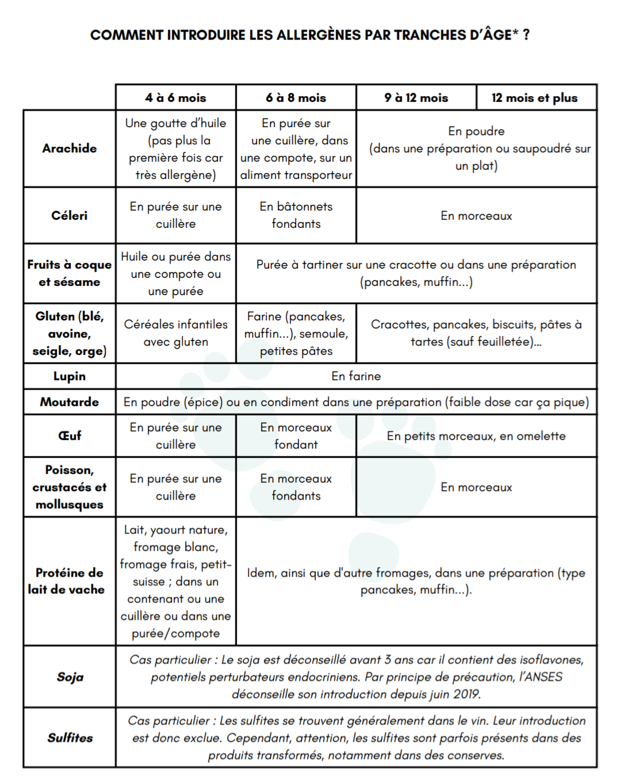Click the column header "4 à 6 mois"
pos(175,98)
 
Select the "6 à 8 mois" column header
pos(296,98)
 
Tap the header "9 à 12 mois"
pos(416,98)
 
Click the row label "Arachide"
pos(70,148)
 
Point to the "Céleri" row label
pos(70,216)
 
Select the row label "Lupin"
pos(70,376)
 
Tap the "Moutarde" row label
pos(70,402)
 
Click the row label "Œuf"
pos(70,436)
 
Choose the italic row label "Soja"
pos(70,677)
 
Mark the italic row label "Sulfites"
pos(70,738)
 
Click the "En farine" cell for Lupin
pos(356,376)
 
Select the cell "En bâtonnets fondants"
pos(296,215)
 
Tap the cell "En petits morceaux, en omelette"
pos(476,436)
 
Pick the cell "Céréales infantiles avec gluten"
pos(175,333)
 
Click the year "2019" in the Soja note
pos(466,694)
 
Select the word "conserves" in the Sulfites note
pos(477,755)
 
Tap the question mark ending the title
pos(526,35)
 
